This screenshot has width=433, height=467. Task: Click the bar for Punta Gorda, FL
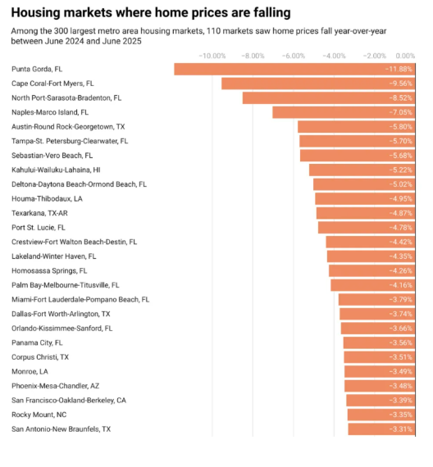[294, 69]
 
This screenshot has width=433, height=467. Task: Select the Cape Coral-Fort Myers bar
[318, 84]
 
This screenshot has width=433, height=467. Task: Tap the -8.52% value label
[400, 98]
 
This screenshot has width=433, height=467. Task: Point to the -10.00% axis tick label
[212, 56]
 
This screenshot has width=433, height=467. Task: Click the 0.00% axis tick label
[405, 56]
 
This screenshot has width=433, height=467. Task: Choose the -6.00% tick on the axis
[294, 56]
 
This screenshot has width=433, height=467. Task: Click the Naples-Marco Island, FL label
[50, 112]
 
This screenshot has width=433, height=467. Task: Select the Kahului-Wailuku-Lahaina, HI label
[56, 170]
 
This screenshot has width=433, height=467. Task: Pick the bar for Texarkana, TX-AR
[366, 213]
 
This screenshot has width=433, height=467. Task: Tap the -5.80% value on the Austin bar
[400, 126]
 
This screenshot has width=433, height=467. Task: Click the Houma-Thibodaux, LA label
[47, 198]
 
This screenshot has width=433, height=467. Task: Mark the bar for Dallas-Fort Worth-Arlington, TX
[377, 314]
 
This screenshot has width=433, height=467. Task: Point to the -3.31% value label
[400, 429]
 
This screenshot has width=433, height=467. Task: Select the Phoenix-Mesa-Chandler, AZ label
[56, 386]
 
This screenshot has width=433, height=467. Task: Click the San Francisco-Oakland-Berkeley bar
[381, 401]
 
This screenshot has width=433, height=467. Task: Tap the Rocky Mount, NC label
[39, 415]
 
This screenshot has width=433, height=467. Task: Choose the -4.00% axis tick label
[334, 56]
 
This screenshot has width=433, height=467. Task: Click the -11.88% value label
[399, 69]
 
